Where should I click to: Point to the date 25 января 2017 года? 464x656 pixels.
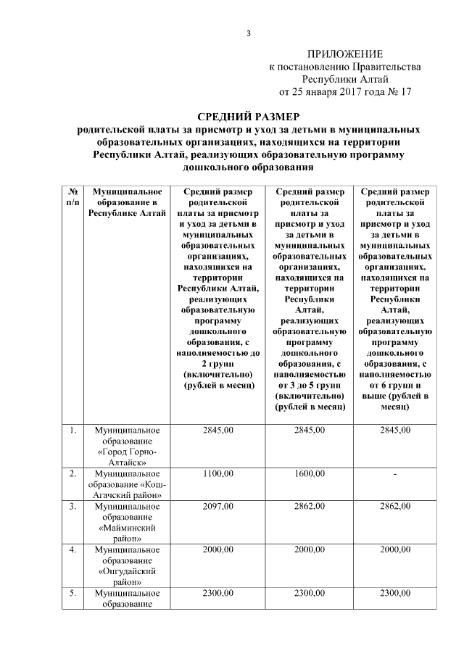point(337,92)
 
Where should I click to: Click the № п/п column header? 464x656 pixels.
point(72,197)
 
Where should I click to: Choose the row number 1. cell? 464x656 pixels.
point(72,431)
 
